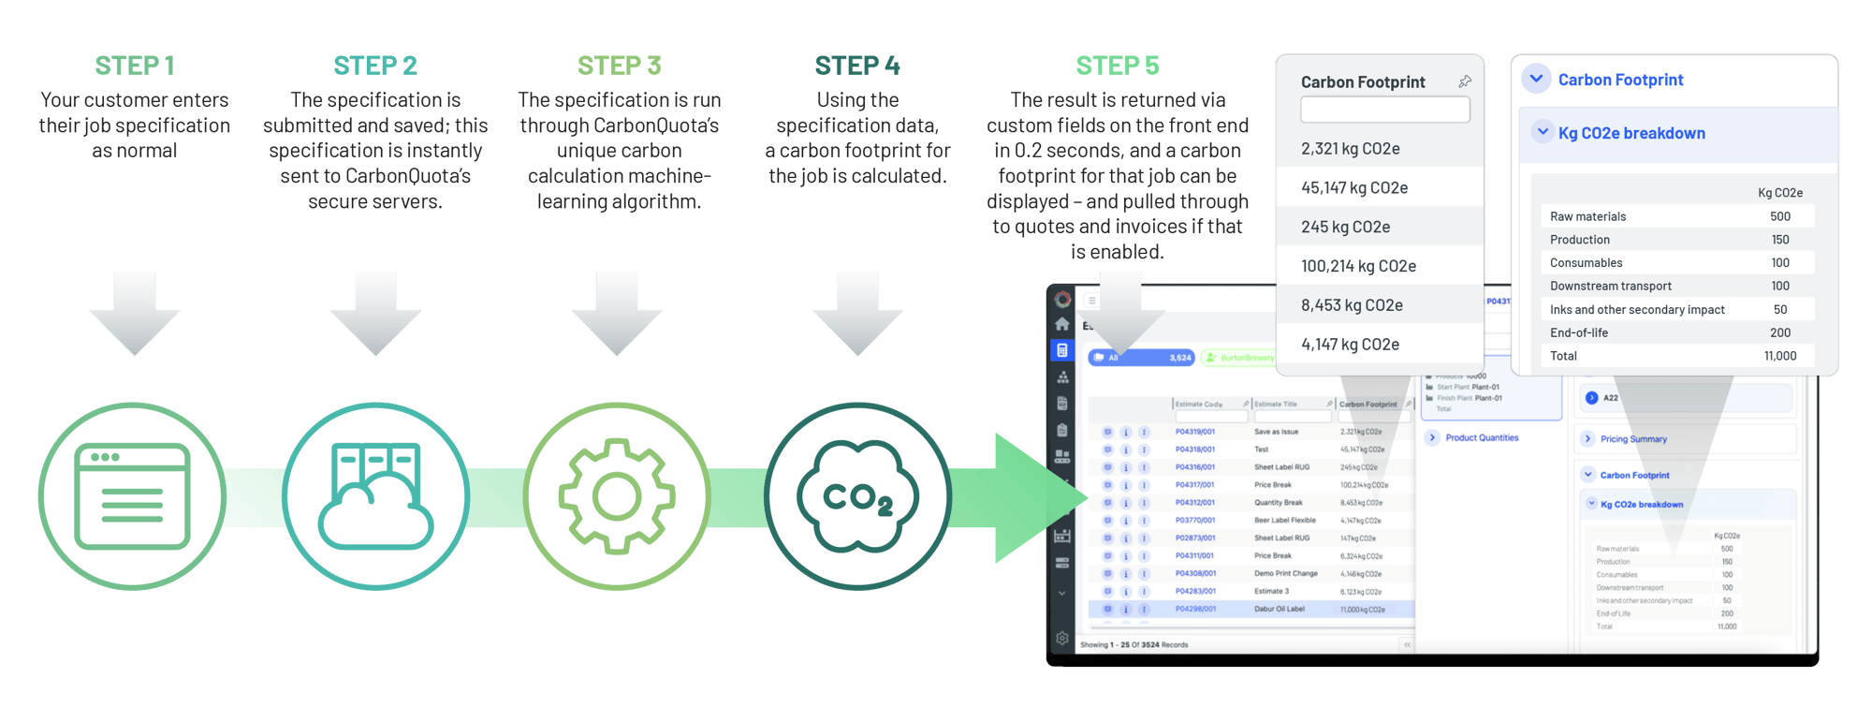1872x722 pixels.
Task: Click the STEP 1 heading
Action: pyautogui.click(x=134, y=66)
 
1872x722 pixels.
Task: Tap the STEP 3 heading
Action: pyautogui.click(x=619, y=66)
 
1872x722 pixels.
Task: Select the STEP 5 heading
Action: pyautogui.click(x=1117, y=66)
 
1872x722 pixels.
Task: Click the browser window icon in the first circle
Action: pyautogui.click(x=132, y=496)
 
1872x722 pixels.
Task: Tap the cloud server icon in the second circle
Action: pyautogui.click(x=375, y=496)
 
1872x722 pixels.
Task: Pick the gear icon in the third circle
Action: pyautogui.click(x=617, y=496)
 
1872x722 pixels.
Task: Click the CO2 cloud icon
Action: pyautogui.click(x=857, y=496)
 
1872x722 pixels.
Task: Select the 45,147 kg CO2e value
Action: pyautogui.click(x=1353, y=188)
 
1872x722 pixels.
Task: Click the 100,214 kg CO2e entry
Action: pyautogui.click(x=1357, y=267)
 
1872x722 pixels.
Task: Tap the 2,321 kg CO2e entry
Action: pyautogui.click(x=1350, y=149)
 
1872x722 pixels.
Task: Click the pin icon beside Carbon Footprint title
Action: pyautogui.click(x=1465, y=82)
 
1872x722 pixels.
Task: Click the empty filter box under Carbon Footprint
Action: pyautogui.click(x=1384, y=111)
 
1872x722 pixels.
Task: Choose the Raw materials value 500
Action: pyautogui.click(x=1779, y=216)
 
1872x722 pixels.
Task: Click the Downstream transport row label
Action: pyautogui.click(x=1610, y=287)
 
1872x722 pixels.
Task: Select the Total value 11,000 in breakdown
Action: pyautogui.click(x=1779, y=356)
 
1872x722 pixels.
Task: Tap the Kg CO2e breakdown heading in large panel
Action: pyautogui.click(x=1631, y=133)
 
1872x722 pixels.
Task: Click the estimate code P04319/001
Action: pyautogui.click(x=1194, y=432)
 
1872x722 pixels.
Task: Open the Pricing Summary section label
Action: pyautogui.click(x=1632, y=439)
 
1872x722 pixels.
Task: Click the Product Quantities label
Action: pyautogui.click(x=1481, y=438)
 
